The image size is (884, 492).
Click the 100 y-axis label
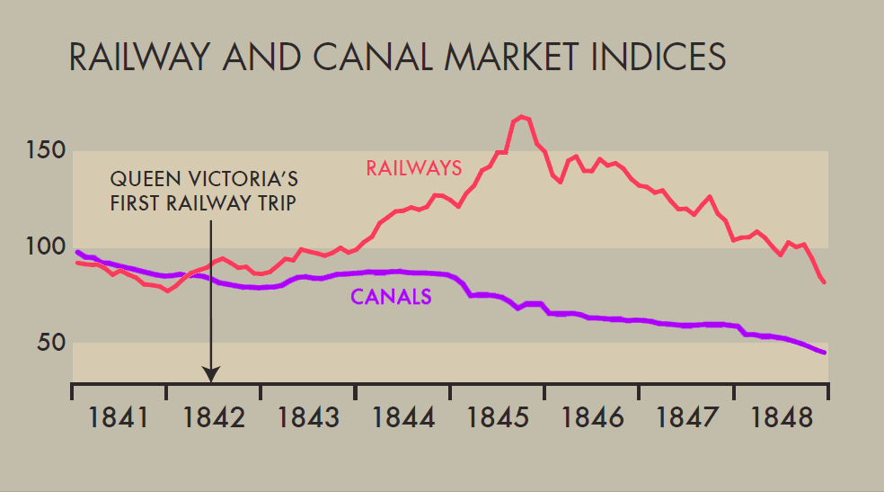[x=45, y=246]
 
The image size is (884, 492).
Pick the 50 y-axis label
[x=51, y=343]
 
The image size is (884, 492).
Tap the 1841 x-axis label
[x=119, y=418]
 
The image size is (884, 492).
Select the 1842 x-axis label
[x=214, y=418]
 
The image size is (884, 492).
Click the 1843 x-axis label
[x=308, y=418]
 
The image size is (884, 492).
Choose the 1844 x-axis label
[x=403, y=418]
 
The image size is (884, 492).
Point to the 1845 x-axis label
[x=498, y=418]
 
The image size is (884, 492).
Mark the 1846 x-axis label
[x=592, y=418]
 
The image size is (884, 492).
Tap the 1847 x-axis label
[x=687, y=418]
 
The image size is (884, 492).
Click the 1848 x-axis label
[x=782, y=418]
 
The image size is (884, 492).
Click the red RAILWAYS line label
[x=414, y=167]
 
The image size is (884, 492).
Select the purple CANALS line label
[x=391, y=297]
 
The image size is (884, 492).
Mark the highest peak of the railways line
[x=522, y=117]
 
